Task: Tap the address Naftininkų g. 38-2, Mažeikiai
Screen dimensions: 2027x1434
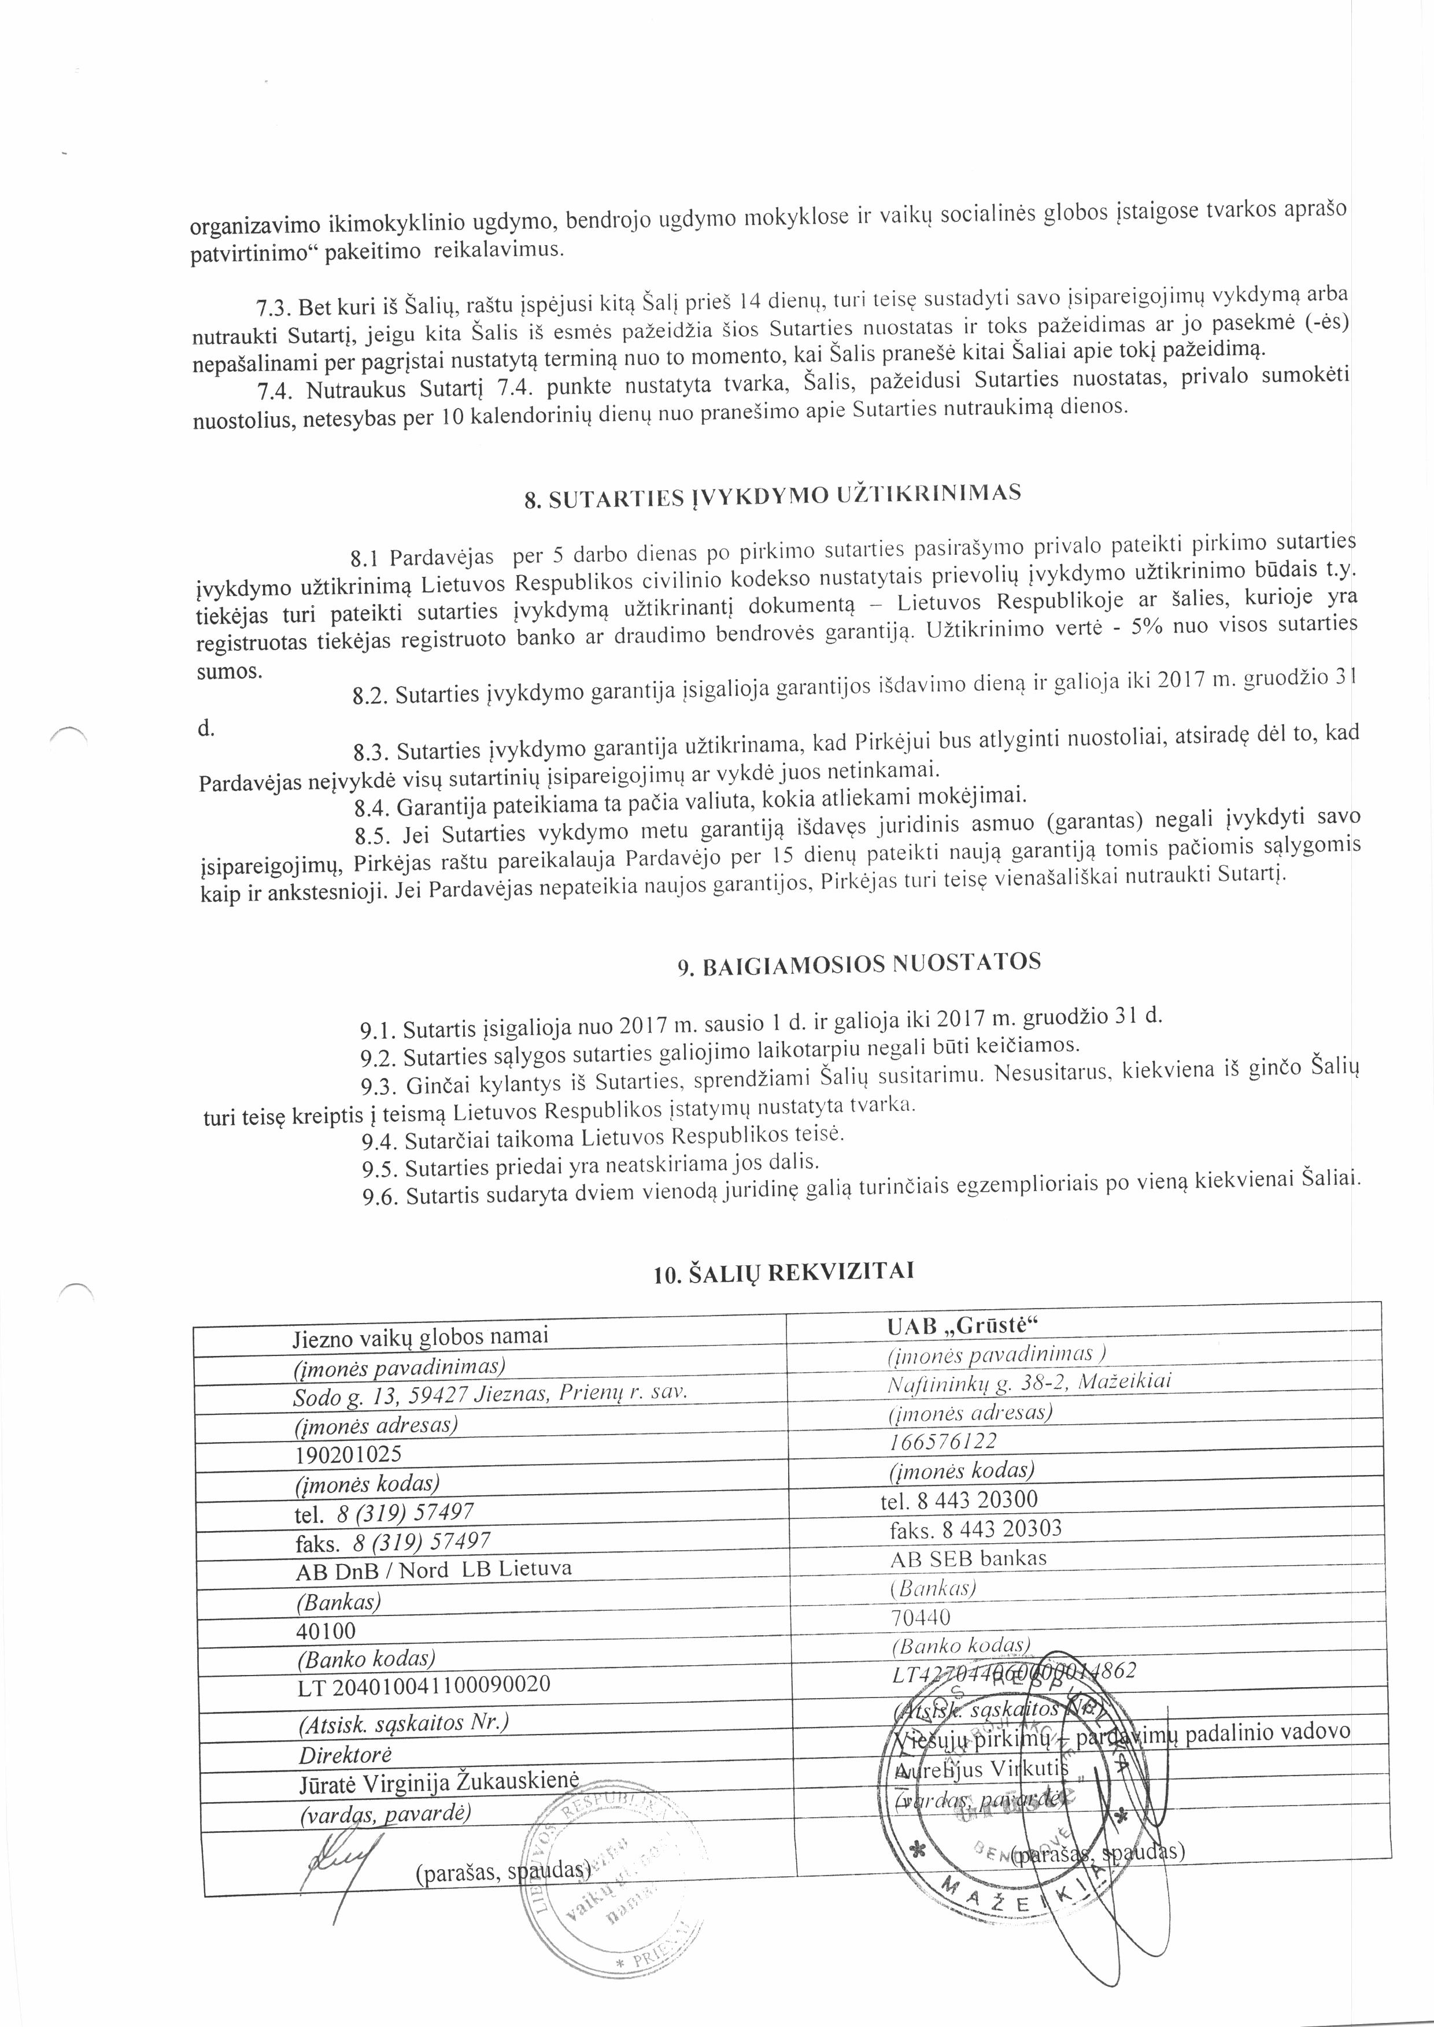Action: coord(1028,1381)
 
